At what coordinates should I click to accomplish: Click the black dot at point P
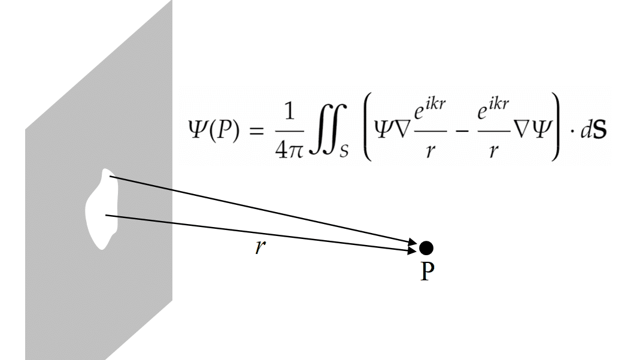pos(426,248)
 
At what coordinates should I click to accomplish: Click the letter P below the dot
pos(427,272)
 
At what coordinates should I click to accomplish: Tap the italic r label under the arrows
pos(260,247)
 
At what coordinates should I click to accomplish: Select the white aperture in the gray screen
pos(102,209)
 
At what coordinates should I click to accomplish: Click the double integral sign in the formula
pos(323,129)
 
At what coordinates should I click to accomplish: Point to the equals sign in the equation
pos(257,131)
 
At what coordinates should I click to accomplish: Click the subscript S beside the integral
pos(344,151)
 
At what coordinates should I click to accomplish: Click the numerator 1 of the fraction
pos(289,112)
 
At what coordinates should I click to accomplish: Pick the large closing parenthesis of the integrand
pos(555,126)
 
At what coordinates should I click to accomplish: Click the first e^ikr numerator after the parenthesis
pos(430,110)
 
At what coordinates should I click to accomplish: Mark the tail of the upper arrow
pos(110,176)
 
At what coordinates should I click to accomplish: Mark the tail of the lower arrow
pos(106,215)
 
